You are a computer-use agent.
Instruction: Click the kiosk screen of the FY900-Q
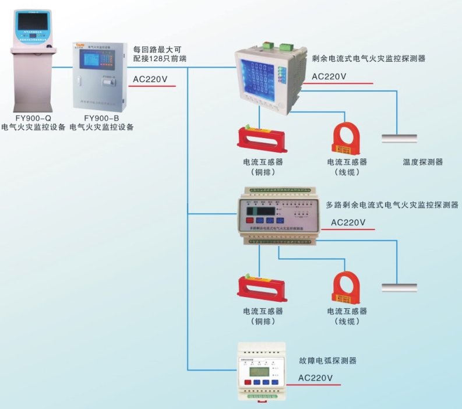coord(33,23)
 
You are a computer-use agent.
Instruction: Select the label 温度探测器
coord(422,162)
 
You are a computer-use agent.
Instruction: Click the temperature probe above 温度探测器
coord(399,138)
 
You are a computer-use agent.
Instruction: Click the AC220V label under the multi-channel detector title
coord(348,222)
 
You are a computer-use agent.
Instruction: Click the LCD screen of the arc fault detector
coord(258,372)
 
